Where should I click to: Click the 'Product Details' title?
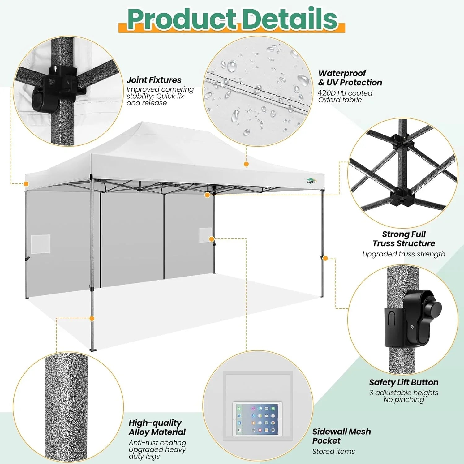(x=232, y=19)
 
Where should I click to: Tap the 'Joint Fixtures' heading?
(x=154, y=80)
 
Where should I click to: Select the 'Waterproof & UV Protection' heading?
(x=350, y=78)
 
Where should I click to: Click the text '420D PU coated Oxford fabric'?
(x=345, y=97)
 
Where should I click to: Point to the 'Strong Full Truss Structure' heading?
(x=404, y=239)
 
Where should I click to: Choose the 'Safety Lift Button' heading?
(x=403, y=382)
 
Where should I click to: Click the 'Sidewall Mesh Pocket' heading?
(x=341, y=436)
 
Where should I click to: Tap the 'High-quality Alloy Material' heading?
(x=157, y=427)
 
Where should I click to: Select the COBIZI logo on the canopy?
(x=311, y=181)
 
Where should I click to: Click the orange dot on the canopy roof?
(x=246, y=164)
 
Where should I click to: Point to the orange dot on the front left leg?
(x=92, y=318)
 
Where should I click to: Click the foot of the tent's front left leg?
(x=93, y=350)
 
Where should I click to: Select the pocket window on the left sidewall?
(x=41, y=244)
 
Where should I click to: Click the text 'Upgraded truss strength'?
(x=403, y=254)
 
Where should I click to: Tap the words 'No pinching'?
(x=403, y=400)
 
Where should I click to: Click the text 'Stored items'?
(x=333, y=452)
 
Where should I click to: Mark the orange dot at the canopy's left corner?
(x=26, y=184)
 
